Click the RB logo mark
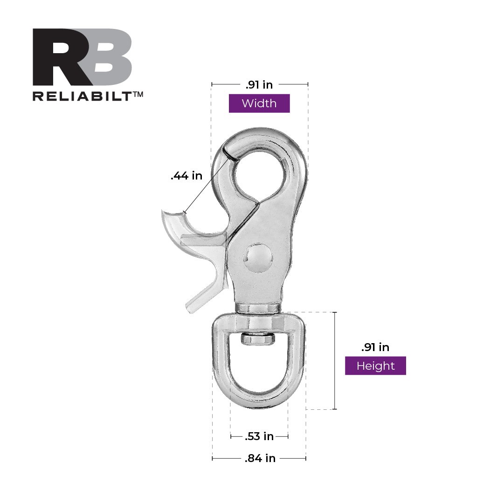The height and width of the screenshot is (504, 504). (82, 57)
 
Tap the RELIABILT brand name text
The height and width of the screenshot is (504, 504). (81, 96)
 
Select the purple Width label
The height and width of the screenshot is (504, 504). (259, 104)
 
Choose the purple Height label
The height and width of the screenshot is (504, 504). (375, 366)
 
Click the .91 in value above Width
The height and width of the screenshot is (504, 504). (259, 84)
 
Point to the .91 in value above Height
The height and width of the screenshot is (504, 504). (375, 347)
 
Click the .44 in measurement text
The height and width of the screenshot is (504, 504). (186, 176)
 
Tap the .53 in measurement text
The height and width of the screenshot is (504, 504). (259, 436)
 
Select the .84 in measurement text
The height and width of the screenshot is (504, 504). (260, 458)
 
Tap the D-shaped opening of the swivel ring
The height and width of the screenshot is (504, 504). (259, 368)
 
